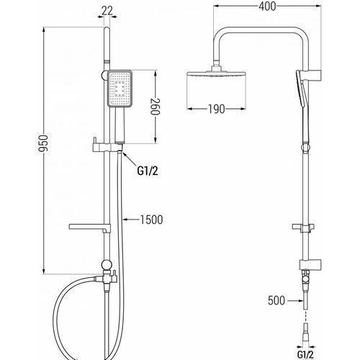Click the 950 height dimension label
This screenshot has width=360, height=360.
(x=44, y=143)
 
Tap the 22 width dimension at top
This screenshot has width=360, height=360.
(x=107, y=11)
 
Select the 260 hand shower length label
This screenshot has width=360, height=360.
(x=156, y=107)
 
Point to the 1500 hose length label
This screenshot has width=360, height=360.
(x=151, y=220)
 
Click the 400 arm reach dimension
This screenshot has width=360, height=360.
(x=267, y=6)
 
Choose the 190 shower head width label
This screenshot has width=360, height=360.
(x=216, y=109)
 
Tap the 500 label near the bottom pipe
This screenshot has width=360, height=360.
(x=276, y=300)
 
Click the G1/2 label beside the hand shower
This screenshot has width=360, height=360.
(x=148, y=171)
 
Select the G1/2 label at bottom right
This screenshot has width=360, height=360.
(x=305, y=354)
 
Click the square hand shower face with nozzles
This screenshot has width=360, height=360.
(x=120, y=88)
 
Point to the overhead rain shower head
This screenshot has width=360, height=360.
(x=216, y=73)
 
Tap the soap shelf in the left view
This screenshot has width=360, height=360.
(x=90, y=228)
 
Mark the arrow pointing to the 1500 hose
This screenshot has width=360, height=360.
(x=131, y=219)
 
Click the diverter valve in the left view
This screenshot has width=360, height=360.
(x=107, y=277)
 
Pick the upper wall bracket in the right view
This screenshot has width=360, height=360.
(x=311, y=76)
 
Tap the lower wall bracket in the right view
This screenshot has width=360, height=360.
(x=310, y=264)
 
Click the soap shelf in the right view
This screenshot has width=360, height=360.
(x=303, y=228)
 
